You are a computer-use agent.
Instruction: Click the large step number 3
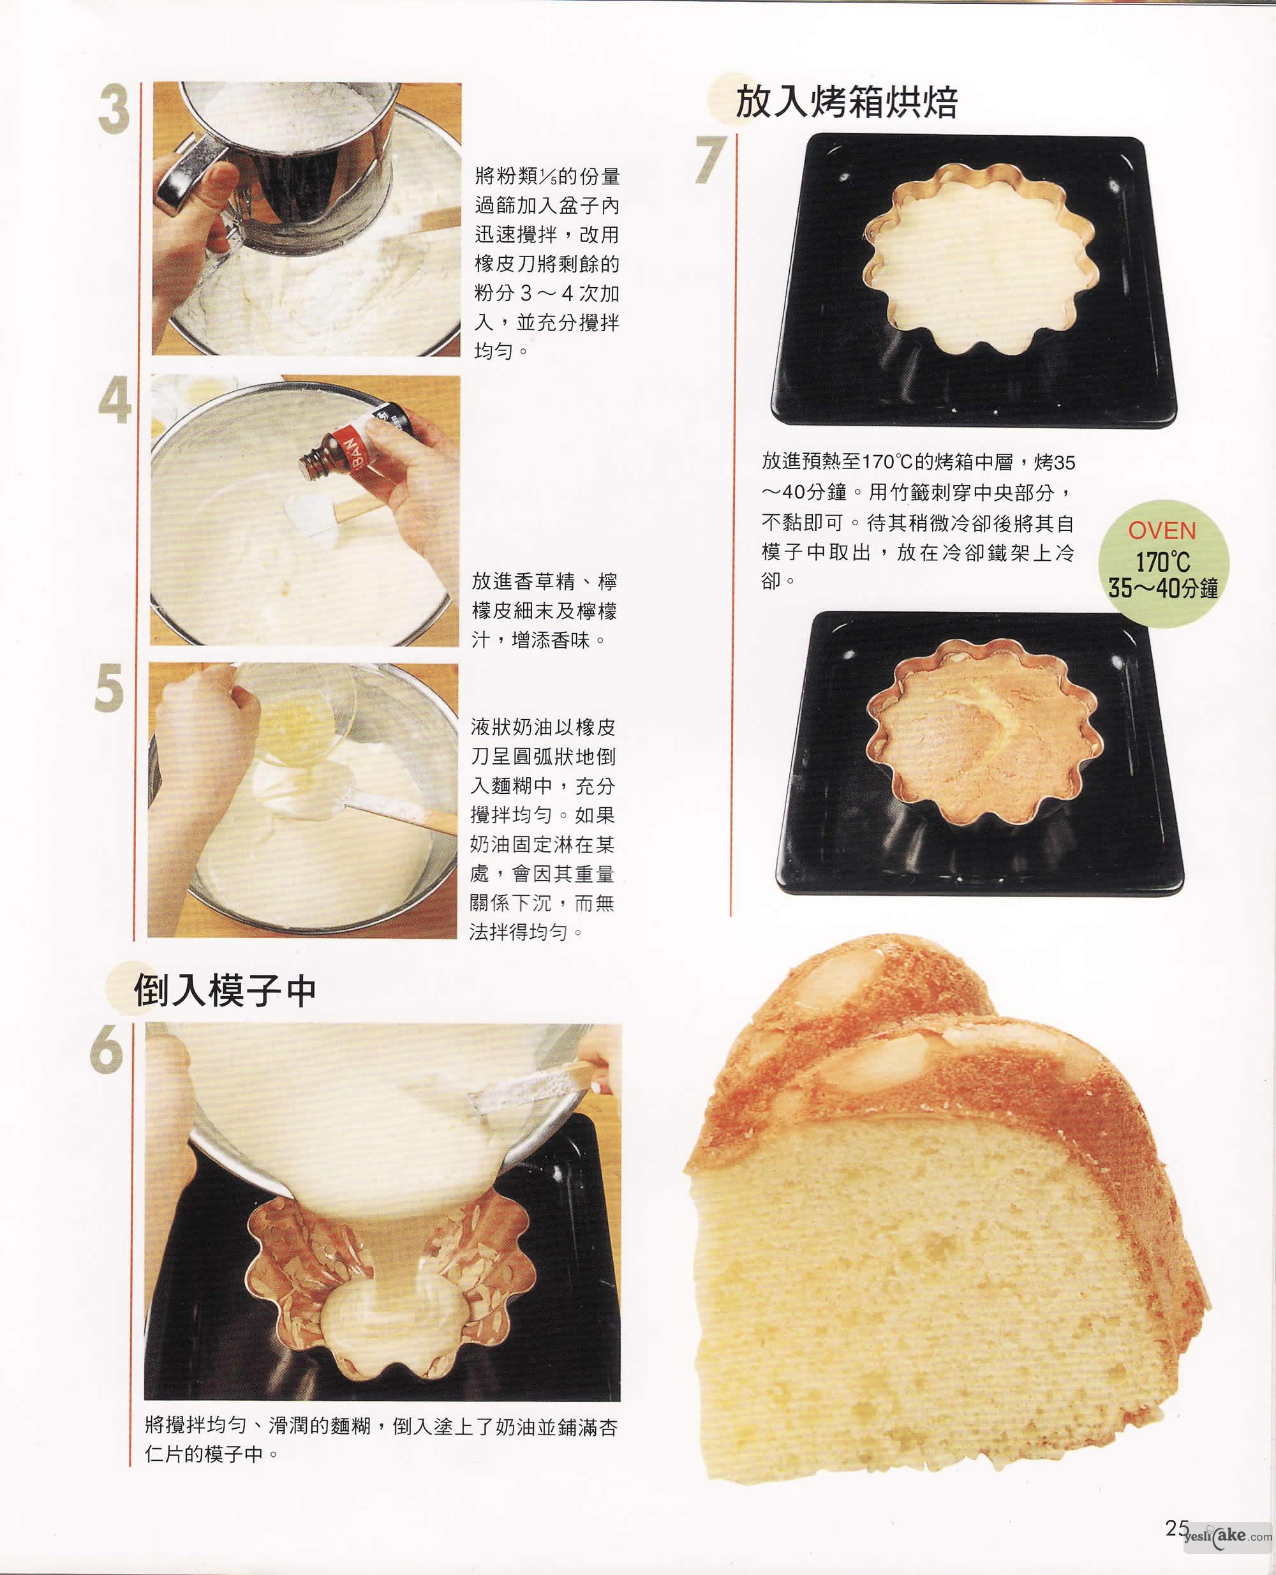coord(114,110)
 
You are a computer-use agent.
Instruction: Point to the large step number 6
coord(107,1049)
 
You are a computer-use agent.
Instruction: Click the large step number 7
coord(711,159)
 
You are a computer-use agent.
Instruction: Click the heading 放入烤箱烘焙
coord(847,101)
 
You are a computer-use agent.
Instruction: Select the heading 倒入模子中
coord(225,990)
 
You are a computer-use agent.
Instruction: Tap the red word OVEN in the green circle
coord(1162,530)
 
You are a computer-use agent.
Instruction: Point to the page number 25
coord(1176,1528)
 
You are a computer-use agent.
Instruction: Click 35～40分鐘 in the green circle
coord(1163,588)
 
